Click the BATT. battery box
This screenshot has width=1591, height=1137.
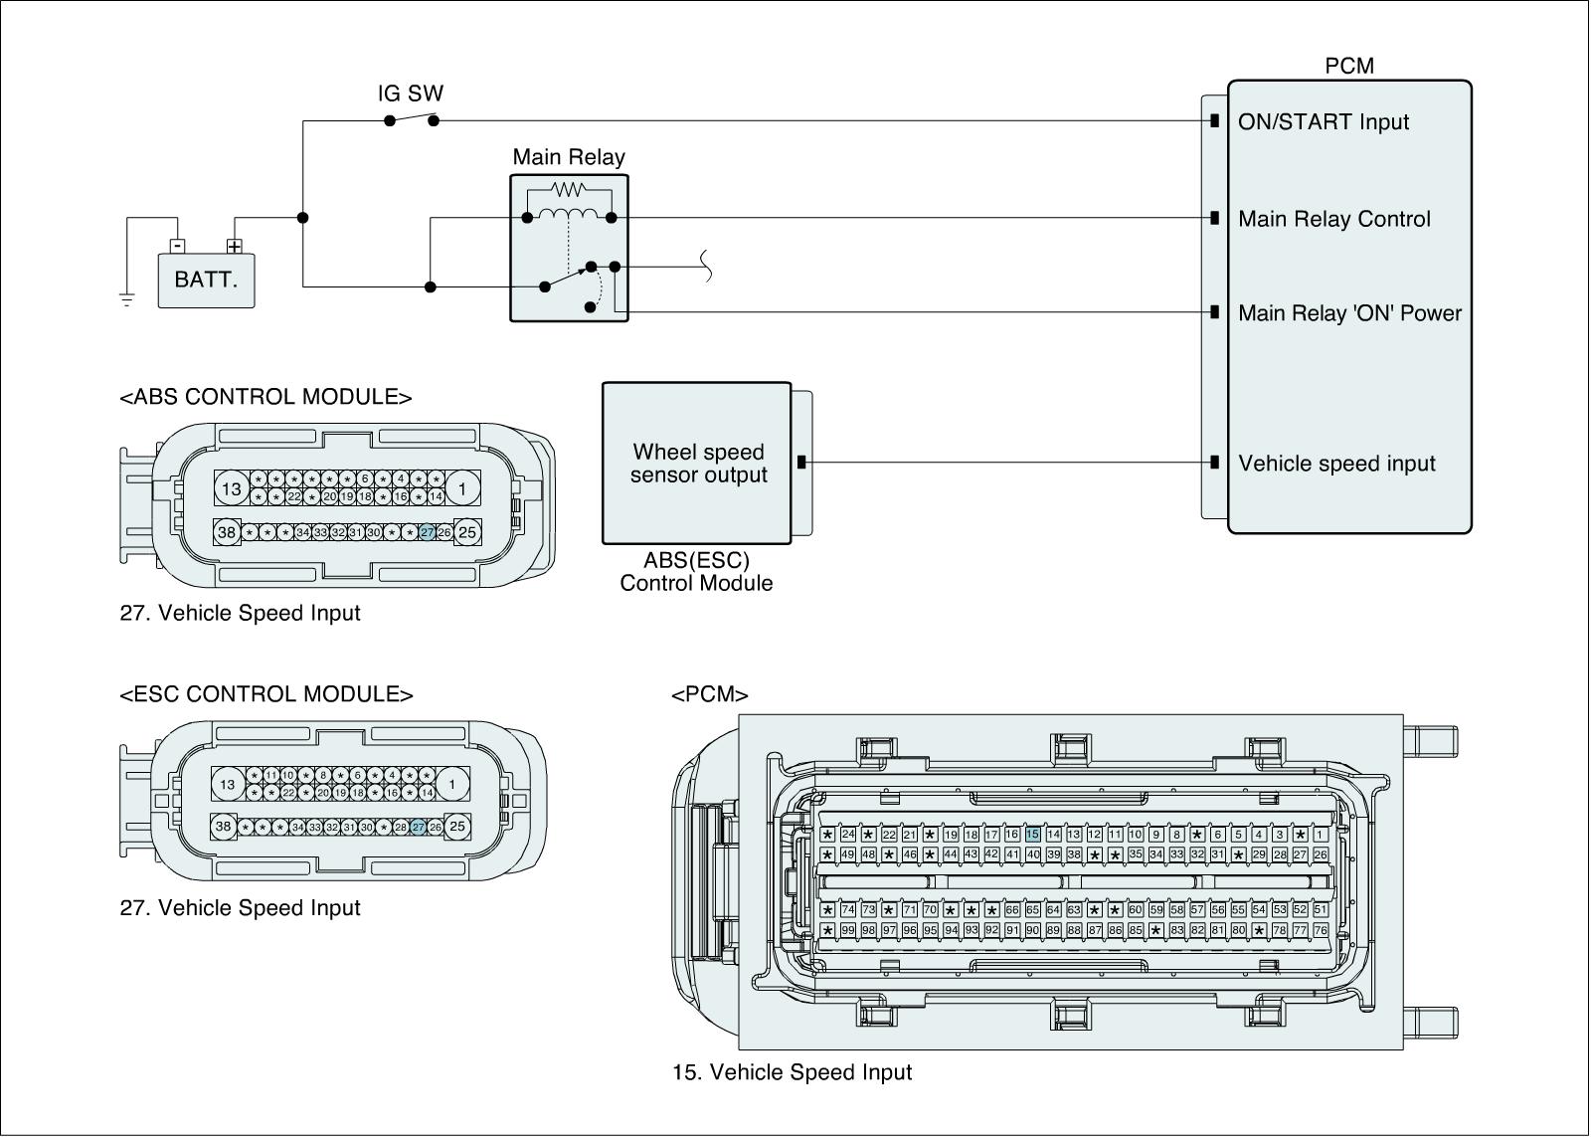[x=206, y=280]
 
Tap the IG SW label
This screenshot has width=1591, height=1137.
[x=411, y=95]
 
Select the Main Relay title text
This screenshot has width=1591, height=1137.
[x=569, y=157]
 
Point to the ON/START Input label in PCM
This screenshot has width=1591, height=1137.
[x=1323, y=122]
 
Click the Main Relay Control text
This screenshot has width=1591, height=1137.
[x=1333, y=220]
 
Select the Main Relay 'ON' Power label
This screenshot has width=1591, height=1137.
[x=1349, y=314]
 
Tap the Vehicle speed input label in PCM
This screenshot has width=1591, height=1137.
[x=1336, y=465]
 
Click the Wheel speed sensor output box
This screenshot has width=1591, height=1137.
[x=697, y=464]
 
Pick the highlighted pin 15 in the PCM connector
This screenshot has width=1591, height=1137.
[x=1032, y=835]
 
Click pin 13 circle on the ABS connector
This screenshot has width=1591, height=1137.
[x=232, y=488]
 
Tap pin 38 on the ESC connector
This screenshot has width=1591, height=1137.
[x=224, y=827]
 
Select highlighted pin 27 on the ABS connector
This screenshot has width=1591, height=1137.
[x=427, y=533]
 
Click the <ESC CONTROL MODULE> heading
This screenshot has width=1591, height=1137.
[x=265, y=694]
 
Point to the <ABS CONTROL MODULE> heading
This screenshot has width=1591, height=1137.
[x=265, y=397]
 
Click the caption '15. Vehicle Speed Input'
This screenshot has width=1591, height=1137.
[x=792, y=1072]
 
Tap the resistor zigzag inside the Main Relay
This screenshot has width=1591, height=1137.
[x=569, y=189]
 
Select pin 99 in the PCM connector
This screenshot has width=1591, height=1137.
[x=847, y=930]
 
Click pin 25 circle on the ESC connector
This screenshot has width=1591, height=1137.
[x=457, y=827]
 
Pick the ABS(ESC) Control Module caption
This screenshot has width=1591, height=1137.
[x=696, y=572]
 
